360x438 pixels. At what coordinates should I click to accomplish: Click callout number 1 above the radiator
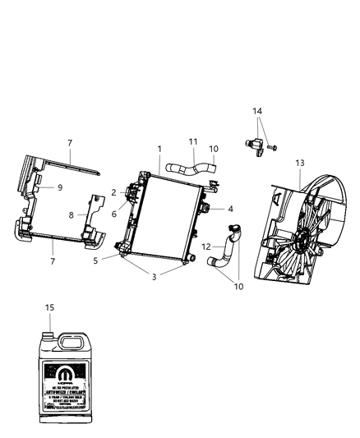pyautogui.click(x=159, y=150)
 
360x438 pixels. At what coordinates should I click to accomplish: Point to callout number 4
pyautogui.click(x=231, y=210)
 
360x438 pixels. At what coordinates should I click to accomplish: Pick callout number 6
pyautogui.click(x=114, y=213)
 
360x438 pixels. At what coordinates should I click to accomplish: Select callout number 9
pyautogui.click(x=59, y=187)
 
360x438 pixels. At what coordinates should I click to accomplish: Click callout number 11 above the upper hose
pyautogui.click(x=194, y=141)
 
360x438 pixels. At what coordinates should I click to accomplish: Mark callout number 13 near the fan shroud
pyautogui.click(x=300, y=163)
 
